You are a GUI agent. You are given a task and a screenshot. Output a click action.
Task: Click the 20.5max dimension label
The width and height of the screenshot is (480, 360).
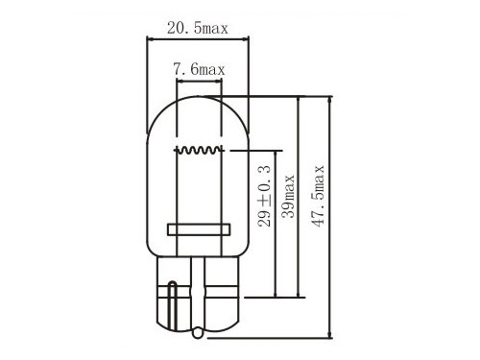click(198, 28)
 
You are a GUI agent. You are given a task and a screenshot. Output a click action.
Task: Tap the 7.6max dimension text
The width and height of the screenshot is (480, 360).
click(199, 69)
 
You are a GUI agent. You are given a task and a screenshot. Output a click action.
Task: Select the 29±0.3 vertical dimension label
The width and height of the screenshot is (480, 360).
click(264, 197)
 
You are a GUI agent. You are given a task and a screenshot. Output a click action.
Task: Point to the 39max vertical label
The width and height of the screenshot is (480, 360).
click(288, 197)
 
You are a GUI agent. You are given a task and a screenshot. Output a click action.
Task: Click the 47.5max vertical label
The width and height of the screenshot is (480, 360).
click(318, 197)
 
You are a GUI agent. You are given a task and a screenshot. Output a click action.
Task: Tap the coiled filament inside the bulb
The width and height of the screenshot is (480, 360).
click(199, 150)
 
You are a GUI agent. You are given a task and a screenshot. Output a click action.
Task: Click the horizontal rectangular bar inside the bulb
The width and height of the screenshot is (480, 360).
click(199, 229)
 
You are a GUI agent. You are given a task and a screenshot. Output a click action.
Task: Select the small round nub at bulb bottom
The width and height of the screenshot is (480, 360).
click(198, 333)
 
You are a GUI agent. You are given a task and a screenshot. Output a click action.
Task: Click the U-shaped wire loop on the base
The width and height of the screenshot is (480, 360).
click(173, 304)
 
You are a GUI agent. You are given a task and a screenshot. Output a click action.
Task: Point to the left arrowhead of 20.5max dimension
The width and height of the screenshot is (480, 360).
click(150, 39)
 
